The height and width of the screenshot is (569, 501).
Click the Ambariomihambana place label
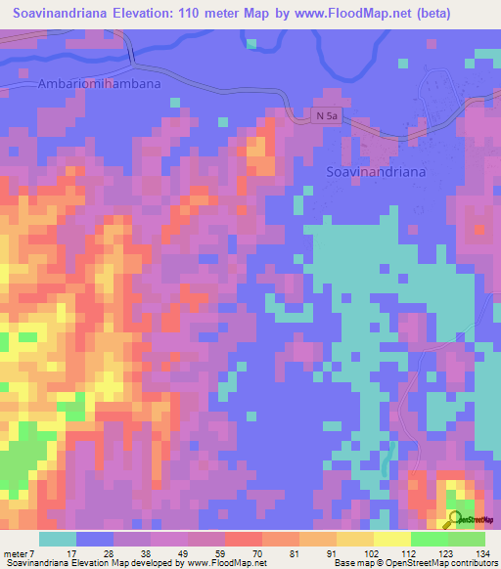click(x=99, y=84)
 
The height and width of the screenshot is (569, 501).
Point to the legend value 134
click(x=482, y=553)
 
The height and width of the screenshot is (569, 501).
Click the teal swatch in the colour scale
click(x=58, y=539)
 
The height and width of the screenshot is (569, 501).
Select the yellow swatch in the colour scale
click(x=391, y=539)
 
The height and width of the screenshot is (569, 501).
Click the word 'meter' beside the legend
click(x=15, y=553)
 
